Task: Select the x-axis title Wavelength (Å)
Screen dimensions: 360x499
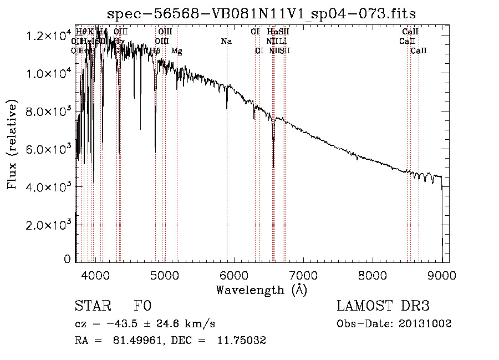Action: point(261,290)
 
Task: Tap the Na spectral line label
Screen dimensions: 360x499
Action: point(226,41)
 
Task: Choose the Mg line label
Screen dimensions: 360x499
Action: point(176,51)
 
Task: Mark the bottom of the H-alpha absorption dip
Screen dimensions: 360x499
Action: point(273,166)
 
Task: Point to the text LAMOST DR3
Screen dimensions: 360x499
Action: point(383,307)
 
